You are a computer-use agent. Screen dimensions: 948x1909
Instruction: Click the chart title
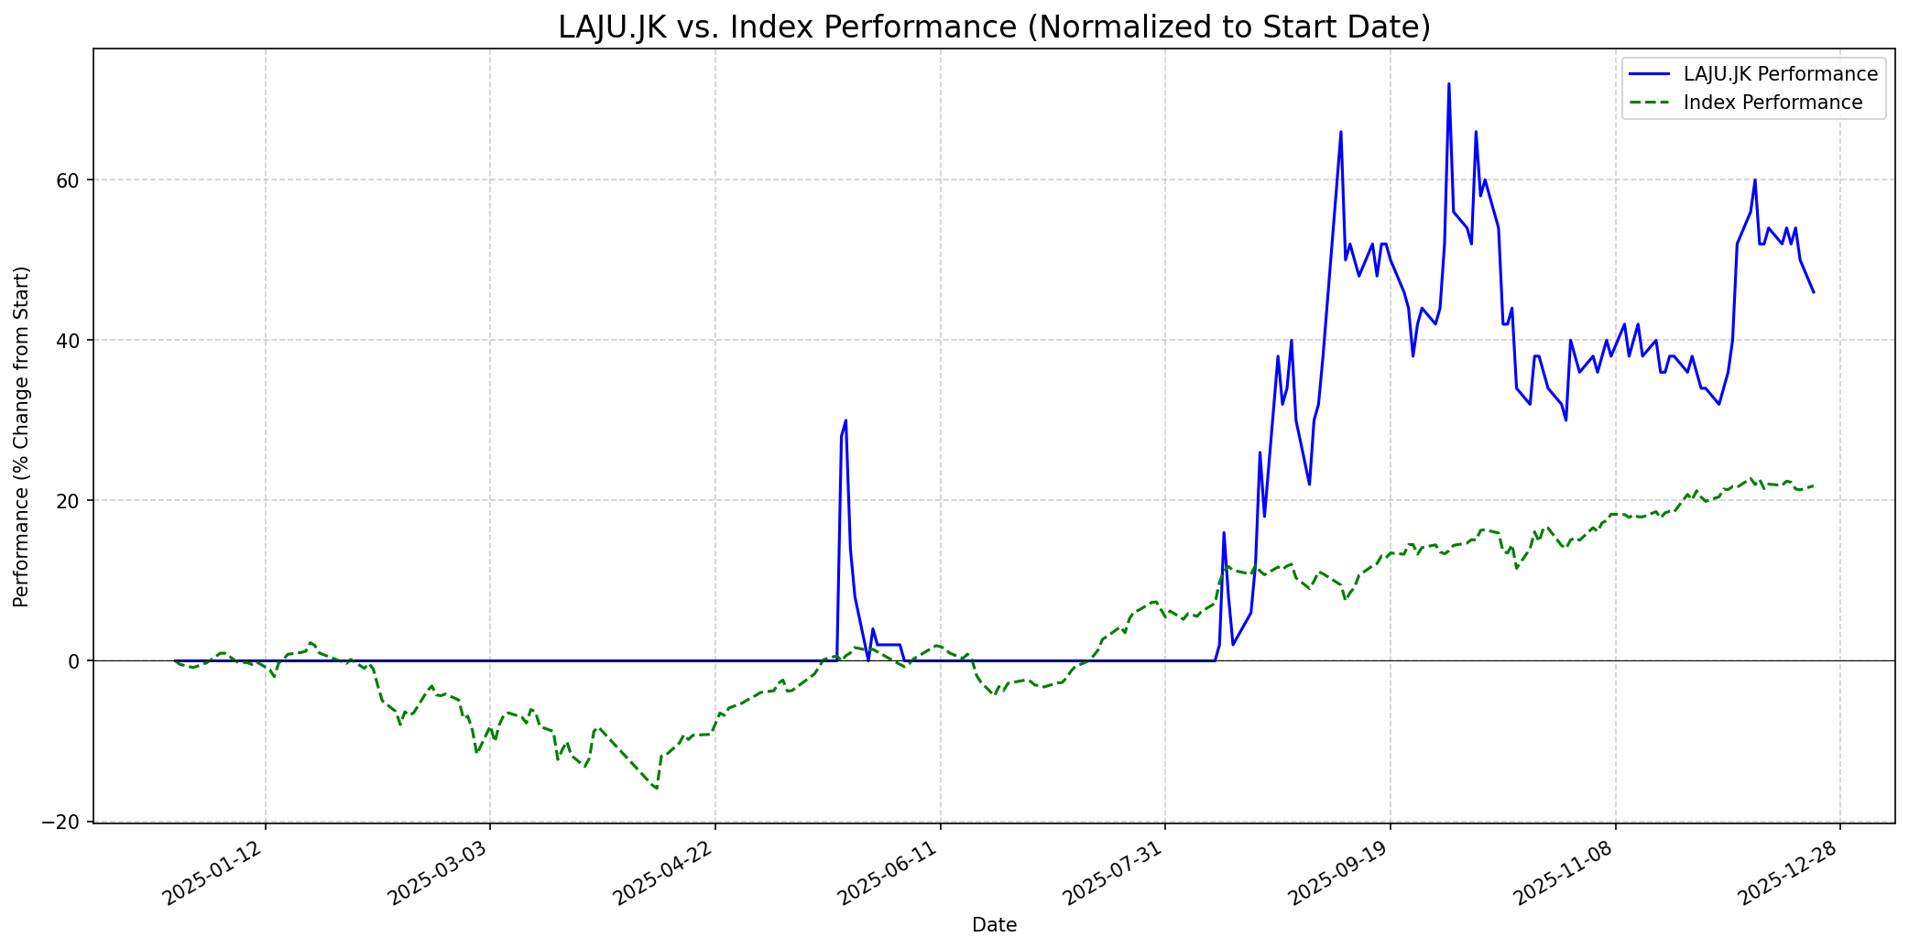(x=994, y=27)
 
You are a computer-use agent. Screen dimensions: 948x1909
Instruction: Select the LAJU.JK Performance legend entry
(x=1780, y=74)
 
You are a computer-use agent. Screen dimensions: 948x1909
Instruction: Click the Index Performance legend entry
(x=1773, y=103)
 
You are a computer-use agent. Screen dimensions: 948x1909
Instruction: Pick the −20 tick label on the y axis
(x=61, y=822)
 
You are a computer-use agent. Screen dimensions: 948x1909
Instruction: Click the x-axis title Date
(x=994, y=926)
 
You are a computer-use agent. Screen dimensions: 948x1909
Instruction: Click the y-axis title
(x=22, y=436)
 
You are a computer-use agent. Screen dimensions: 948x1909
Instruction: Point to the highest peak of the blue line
(x=1448, y=84)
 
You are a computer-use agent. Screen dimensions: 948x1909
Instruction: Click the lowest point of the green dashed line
(x=656, y=788)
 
